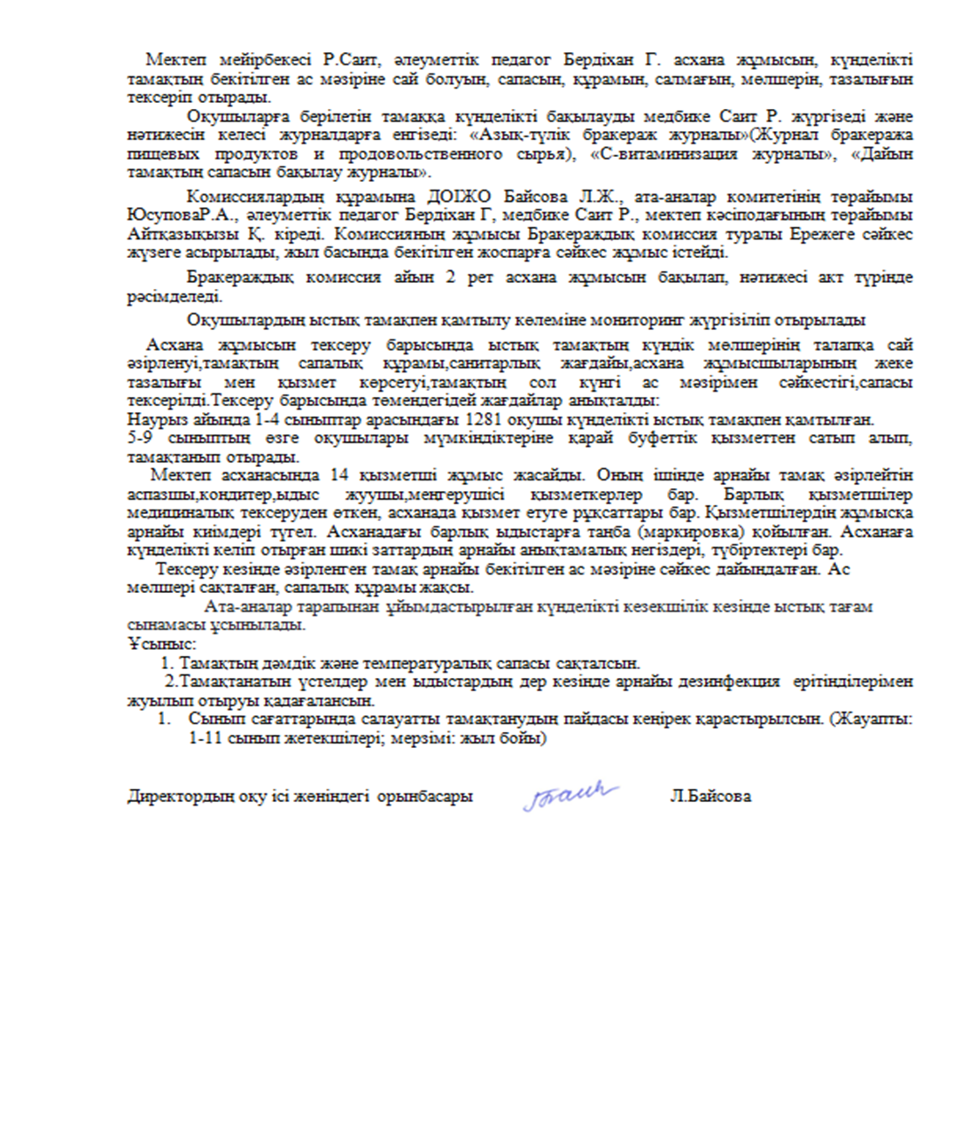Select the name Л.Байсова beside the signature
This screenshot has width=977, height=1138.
[x=710, y=796]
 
